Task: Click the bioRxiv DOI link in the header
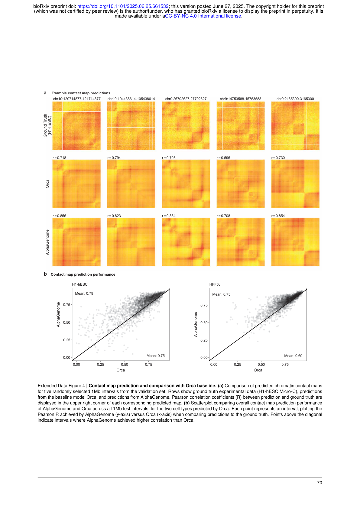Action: coord(123,6)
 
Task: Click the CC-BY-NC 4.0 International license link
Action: coord(203,16)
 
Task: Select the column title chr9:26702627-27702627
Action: coord(186,99)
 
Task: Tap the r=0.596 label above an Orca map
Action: coord(223,158)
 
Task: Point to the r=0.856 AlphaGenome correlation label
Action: coord(59,216)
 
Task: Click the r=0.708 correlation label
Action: coord(223,216)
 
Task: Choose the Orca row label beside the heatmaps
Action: coord(47,184)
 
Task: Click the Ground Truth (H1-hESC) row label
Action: coord(47,125)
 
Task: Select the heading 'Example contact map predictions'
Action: coord(81,93)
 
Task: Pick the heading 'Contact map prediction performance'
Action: coord(83,274)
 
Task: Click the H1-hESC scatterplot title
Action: coord(80,284)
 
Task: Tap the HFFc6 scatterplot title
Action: coord(215,284)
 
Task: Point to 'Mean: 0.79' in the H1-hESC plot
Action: coord(84,293)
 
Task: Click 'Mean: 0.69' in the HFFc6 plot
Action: coord(293,356)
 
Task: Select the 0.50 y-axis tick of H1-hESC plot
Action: coord(66,323)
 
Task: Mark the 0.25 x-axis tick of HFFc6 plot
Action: coord(238,365)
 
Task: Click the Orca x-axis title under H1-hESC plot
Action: coord(121,370)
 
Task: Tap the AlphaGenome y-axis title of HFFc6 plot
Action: coord(195,324)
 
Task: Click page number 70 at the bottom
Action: coord(319,483)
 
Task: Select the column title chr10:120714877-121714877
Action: coord(77,99)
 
